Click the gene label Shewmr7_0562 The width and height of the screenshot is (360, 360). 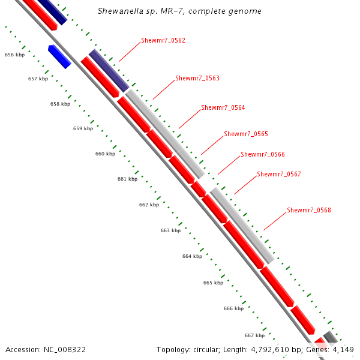click(163, 41)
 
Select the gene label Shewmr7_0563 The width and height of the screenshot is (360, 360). click(197, 79)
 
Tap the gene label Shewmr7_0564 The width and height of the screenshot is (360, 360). click(223, 108)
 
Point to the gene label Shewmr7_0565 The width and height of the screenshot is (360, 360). click(245, 134)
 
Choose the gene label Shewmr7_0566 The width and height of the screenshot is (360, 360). click(262, 155)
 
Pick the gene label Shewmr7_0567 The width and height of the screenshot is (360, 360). click(278, 175)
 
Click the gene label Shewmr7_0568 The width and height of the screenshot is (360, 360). click(308, 211)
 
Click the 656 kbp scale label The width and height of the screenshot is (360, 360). click(14, 55)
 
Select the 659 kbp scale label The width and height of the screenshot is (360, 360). click(83, 128)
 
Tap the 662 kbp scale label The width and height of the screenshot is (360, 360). click(149, 205)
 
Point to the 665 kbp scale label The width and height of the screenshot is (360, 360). click(213, 283)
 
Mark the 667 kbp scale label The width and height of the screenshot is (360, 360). click(254, 335)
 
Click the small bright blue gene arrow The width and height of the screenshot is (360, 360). click(59, 56)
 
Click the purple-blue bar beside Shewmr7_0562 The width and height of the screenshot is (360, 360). click(109, 71)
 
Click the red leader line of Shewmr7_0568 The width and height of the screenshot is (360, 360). click(274, 221)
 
